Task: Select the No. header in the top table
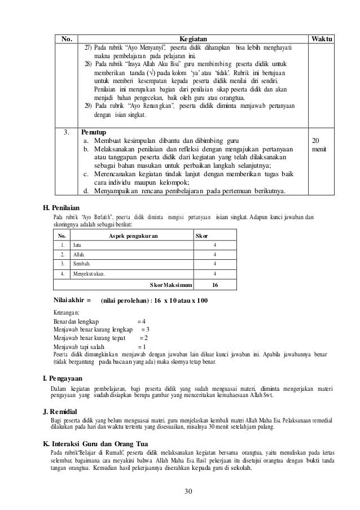pyautogui.click(x=67, y=39)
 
